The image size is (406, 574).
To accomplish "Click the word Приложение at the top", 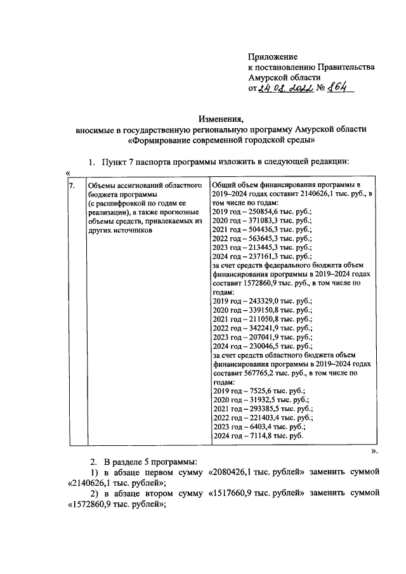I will click(272, 56).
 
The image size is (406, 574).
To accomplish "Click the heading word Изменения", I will click(220, 119).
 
